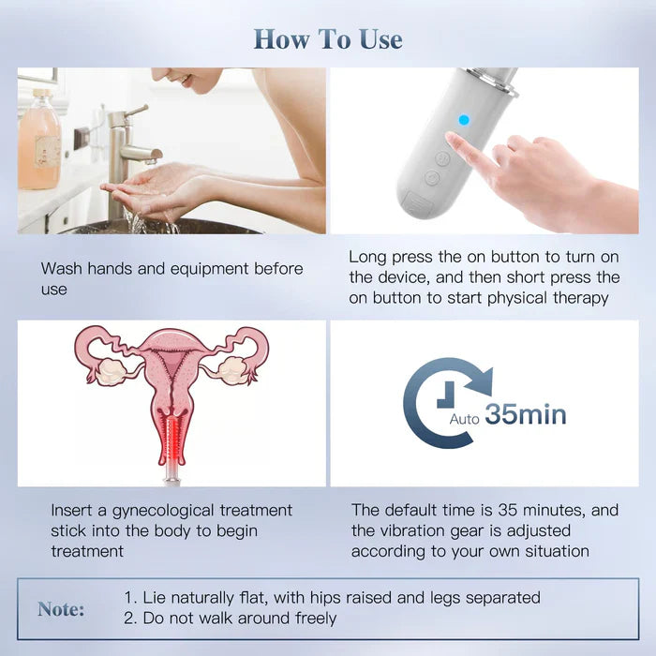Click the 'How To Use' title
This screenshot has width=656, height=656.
coord(328,39)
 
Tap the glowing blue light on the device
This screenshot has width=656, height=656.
coord(463,120)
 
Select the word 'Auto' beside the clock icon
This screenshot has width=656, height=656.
coord(465,419)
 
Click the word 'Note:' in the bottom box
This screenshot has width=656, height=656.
coord(61,609)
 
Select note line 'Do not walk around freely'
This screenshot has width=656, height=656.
coord(230,618)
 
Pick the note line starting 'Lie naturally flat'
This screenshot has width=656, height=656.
coord(332,597)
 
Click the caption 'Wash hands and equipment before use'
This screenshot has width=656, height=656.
coord(171,279)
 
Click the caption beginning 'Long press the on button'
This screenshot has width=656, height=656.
coord(484,276)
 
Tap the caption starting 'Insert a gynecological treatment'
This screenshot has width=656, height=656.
coord(171,530)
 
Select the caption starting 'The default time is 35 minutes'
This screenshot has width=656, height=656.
coord(485,530)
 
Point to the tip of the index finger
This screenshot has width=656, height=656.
coord(451,139)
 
